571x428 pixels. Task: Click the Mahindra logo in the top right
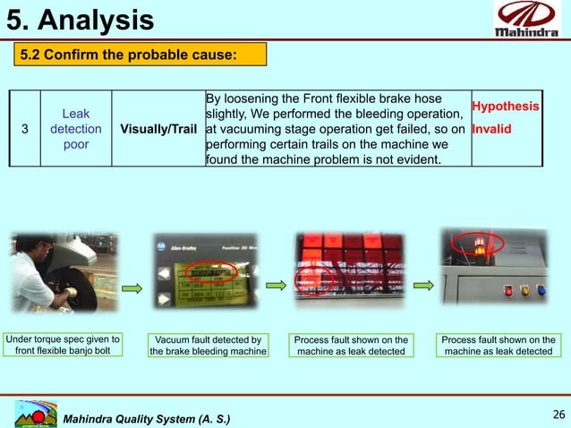coord(530,21)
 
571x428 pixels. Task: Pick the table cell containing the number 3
coord(25,129)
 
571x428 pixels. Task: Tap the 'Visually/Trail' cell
coord(158,129)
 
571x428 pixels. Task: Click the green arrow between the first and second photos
coord(132,289)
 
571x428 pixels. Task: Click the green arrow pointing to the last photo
coord(420,289)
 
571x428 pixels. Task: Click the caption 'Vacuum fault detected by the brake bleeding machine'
coord(208,346)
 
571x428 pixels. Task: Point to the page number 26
coord(558,415)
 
